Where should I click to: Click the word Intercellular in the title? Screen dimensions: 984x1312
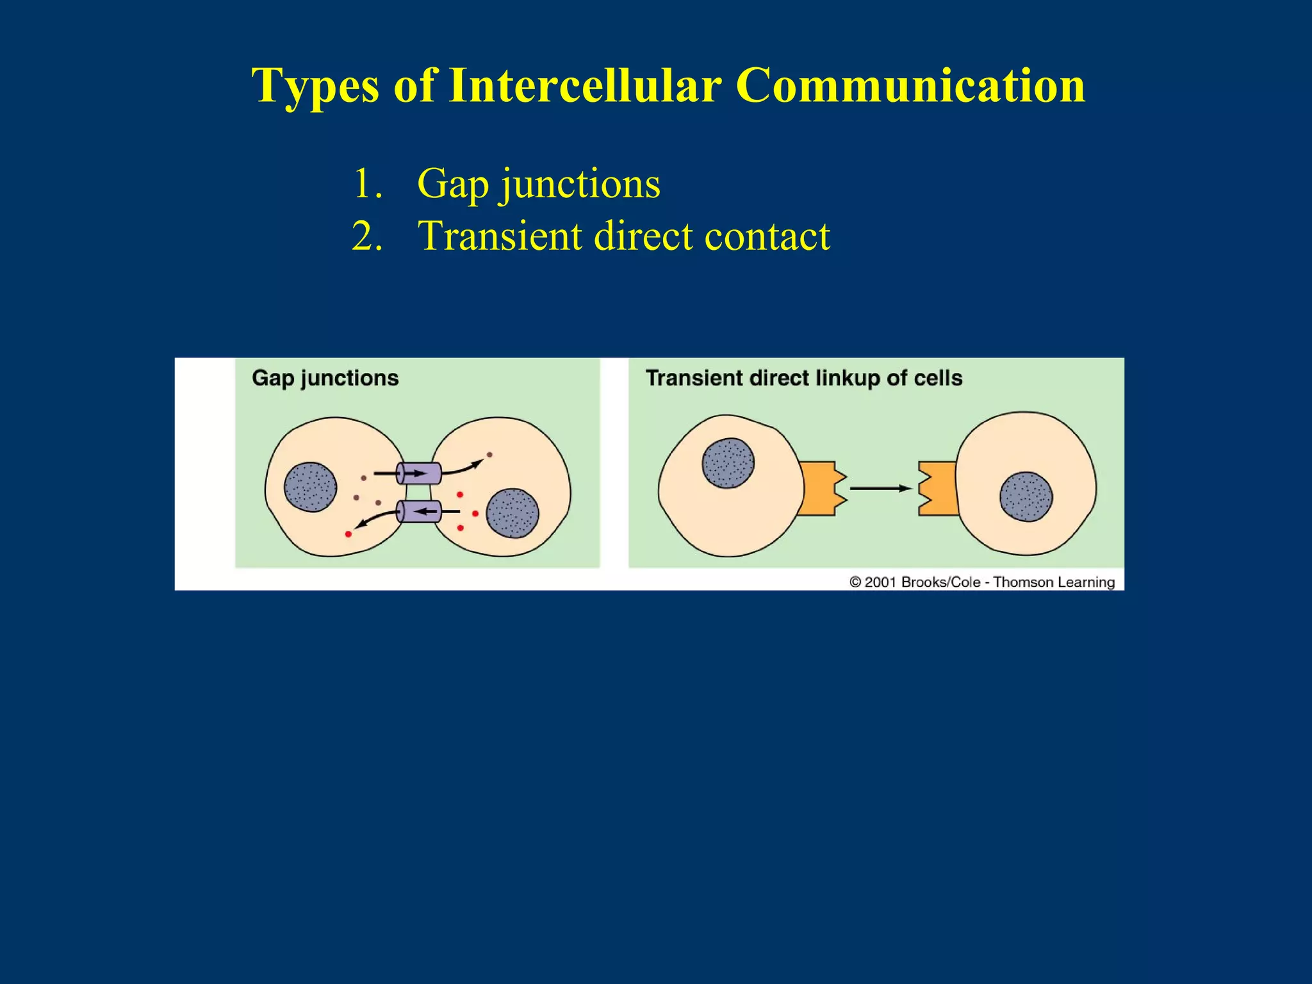pyautogui.click(x=585, y=85)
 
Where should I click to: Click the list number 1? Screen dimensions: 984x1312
pyautogui.click(x=367, y=183)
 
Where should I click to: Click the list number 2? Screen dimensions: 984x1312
pyautogui.click(x=367, y=236)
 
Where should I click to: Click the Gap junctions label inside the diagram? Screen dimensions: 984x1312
pyautogui.click(x=325, y=378)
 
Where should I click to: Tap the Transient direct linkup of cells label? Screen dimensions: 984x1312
pyautogui.click(x=803, y=378)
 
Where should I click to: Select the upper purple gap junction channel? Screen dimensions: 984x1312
pyautogui.click(x=419, y=473)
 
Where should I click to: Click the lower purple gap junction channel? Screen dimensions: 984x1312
pyautogui.click(x=419, y=511)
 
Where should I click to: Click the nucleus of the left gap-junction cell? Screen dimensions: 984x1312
pyautogui.click(x=311, y=487)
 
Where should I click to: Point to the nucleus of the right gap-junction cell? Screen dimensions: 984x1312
pyautogui.click(x=512, y=513)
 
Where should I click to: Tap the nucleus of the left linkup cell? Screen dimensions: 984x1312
pyautogui.click(x=728, y=463)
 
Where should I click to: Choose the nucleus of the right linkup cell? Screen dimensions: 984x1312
pyautogui.click(x=1026, y=497)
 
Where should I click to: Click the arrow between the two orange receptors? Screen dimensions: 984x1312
pyautogui.click(x=880, y=489)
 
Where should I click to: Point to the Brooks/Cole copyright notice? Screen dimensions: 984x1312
pyautogui.click(x=981, y=582)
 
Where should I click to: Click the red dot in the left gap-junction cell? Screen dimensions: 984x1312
pyautogui.click(x=348, y=534)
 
